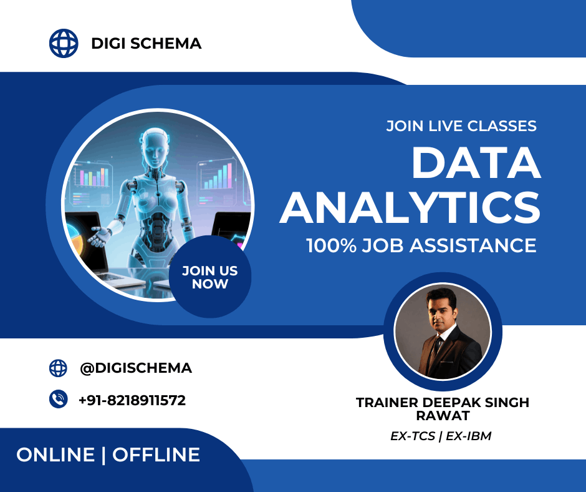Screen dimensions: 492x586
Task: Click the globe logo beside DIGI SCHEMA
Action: (x=64, y=43)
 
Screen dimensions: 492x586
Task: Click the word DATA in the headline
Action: (x=476, y=164)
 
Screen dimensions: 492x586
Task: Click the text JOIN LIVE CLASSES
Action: (x=461, y=125)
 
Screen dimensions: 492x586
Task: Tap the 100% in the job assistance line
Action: (x=331, y=245)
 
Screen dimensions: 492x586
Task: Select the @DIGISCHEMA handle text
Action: (x=136, y=368)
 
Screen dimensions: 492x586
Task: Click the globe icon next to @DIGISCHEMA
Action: (x=58, y=368)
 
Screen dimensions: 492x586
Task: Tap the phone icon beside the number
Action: (x=58, y=400)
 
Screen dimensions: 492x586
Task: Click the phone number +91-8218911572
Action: (x=132, y=400)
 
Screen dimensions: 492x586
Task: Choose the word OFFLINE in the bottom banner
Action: (x=156, y=455)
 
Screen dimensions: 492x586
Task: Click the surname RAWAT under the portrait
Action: (x=443, y=416)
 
